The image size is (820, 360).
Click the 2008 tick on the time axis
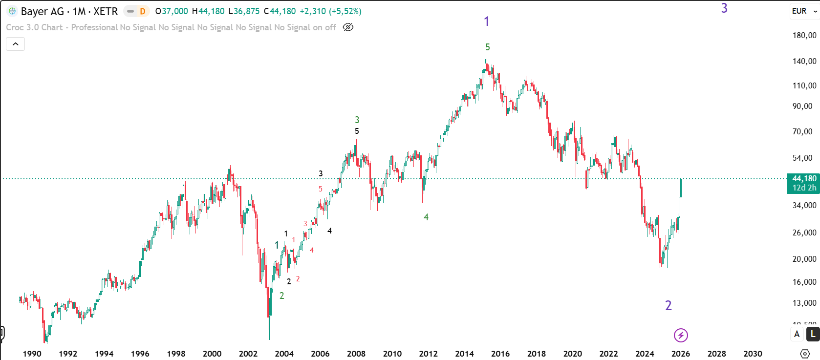356,354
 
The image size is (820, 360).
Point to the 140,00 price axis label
804,61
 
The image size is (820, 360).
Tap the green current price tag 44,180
804,179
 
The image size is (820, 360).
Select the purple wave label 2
669,306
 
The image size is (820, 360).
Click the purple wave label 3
724,8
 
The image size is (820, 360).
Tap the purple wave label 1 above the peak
486,21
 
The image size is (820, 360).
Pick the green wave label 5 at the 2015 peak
487,47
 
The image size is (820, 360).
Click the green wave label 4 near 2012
426,217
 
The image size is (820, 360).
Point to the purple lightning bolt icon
681,335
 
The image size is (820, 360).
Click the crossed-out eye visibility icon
348,27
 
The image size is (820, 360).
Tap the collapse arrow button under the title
16,44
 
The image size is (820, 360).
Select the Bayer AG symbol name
42,11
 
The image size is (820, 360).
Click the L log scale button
813,334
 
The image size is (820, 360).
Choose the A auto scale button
797,334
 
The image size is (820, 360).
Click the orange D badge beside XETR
143,11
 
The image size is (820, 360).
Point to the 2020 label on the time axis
572,354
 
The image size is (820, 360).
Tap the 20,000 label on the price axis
804,259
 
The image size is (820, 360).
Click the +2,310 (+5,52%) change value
331,11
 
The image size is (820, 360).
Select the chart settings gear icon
805,353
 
